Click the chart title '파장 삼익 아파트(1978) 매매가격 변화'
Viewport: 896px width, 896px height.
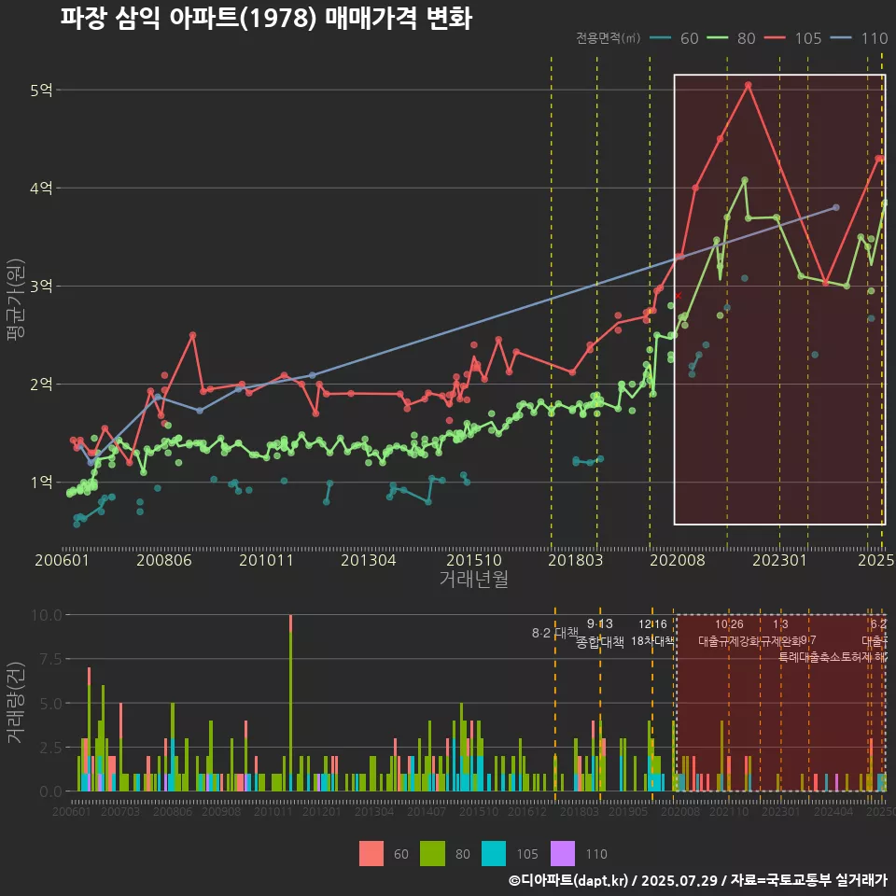(266, 18)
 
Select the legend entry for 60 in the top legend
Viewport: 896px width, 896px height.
(677, 38)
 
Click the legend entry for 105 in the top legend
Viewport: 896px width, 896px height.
(794, 38)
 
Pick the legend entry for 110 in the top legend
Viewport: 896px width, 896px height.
(861, 38)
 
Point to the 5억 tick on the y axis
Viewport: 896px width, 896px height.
(42, 91)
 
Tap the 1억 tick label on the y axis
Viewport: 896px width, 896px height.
(42, 483)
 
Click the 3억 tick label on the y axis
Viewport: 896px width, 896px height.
(42, 287)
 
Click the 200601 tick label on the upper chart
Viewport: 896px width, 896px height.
(62, 561)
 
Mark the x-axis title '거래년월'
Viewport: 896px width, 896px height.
(473, 580)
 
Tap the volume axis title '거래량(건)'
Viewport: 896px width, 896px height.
(16, 702)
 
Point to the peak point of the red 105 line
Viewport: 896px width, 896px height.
(749, 85)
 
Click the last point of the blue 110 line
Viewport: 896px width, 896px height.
(835, 207)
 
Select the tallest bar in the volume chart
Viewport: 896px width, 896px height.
(290, 703)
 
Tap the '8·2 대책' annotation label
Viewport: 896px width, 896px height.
(555, 633)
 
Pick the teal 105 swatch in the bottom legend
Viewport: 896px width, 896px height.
(494, 853)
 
